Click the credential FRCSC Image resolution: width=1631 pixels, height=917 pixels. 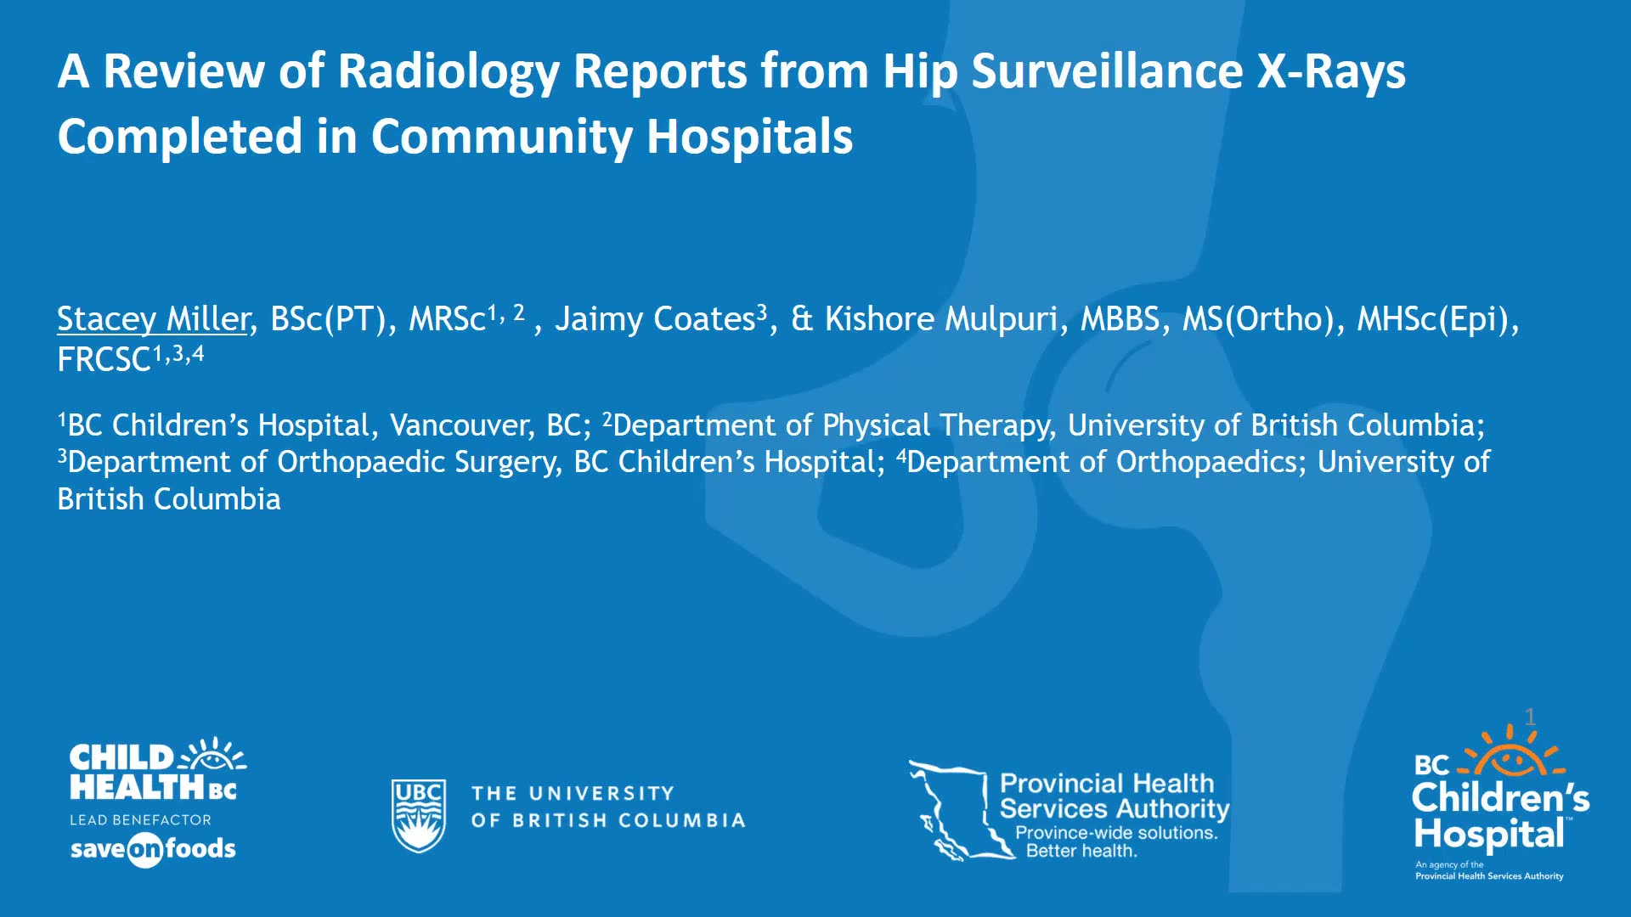(104, 360)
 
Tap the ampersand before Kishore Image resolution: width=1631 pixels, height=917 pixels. (801, 319)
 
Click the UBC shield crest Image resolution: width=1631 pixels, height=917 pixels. (418, 815)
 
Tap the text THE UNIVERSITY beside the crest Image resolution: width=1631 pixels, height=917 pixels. (573, 794)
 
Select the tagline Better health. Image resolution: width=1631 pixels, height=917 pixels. (1081, 851)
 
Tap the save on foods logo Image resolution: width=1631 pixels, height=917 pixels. (153, 849)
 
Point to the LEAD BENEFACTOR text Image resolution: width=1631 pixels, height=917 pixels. (140, 820)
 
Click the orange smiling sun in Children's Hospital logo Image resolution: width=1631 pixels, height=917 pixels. (1511, 753)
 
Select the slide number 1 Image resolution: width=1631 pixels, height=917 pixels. (1530, 717)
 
